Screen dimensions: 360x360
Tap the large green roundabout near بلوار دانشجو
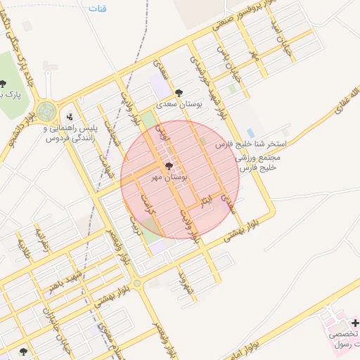click(46, 110)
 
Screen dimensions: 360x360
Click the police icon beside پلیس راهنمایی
click(69, 117)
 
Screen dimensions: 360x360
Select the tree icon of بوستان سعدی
click(179, 92)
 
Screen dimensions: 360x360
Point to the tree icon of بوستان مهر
click(168, 166)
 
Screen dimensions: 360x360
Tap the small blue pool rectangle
click(250, 133)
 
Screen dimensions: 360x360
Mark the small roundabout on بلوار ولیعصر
click(136, 283)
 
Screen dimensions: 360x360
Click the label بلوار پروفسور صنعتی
click(239, 18)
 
